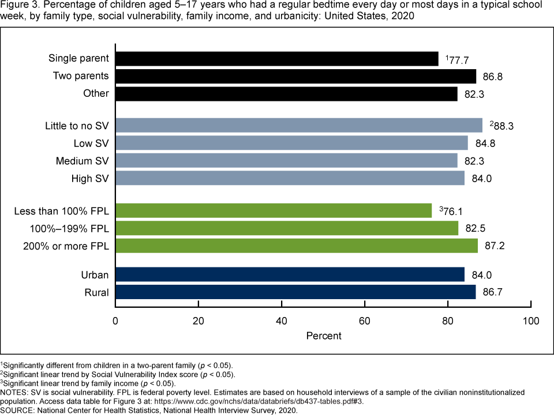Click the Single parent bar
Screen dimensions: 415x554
277,59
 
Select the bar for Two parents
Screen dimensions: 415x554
296,76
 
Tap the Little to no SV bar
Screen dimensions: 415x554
299,125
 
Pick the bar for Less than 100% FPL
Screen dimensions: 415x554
274,211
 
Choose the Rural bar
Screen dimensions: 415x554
295,292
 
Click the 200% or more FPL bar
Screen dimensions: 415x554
297,246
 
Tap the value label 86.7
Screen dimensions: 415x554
495,292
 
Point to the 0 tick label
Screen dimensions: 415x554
115,320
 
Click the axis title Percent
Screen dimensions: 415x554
323,335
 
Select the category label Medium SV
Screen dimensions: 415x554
82,160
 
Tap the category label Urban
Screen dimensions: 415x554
95,275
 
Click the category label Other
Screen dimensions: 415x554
96,93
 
